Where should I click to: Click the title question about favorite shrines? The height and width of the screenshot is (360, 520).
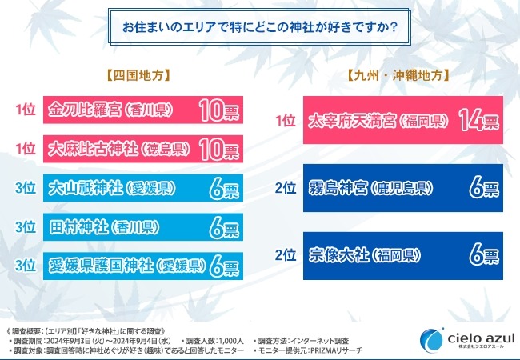coord(261,26)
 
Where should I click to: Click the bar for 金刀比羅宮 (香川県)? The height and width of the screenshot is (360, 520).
coord(142,108)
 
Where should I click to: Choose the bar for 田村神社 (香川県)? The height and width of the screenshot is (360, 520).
coord(142,227)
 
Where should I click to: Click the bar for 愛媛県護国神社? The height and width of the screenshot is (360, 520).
coord(142,266)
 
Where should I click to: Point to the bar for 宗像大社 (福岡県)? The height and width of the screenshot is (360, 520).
coord(402,256)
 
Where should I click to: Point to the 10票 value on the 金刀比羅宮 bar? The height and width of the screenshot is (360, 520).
coord(217,108)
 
